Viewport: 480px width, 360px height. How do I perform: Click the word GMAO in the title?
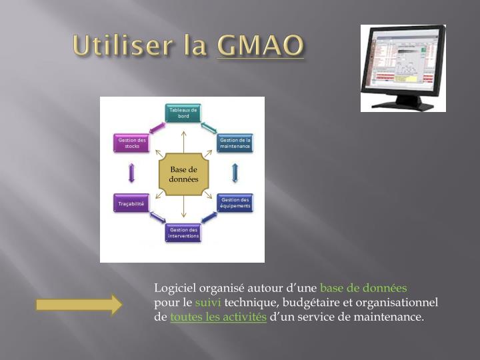[260, 45]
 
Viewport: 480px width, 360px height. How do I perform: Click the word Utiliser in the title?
[125, 45]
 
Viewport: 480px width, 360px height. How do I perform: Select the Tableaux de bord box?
[183, 113]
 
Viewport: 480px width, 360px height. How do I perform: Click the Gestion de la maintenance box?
[235, 143]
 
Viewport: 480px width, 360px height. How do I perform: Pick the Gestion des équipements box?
[235, 203]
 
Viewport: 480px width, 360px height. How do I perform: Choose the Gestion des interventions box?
[183, 233]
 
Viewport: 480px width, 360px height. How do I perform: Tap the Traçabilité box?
[131, 203]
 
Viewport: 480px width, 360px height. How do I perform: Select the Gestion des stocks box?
[131, 143]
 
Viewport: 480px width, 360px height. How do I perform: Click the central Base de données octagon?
[183, 174]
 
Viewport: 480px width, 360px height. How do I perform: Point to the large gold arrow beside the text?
[79, 305]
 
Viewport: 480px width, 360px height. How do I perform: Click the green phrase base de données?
[363, 288]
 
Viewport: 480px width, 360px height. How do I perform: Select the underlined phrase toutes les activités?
[218, 317]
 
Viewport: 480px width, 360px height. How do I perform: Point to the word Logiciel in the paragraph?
[175, 288]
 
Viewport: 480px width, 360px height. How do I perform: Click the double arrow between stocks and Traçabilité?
[131, 173]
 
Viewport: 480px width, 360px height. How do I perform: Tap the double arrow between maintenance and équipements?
[235, 173]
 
